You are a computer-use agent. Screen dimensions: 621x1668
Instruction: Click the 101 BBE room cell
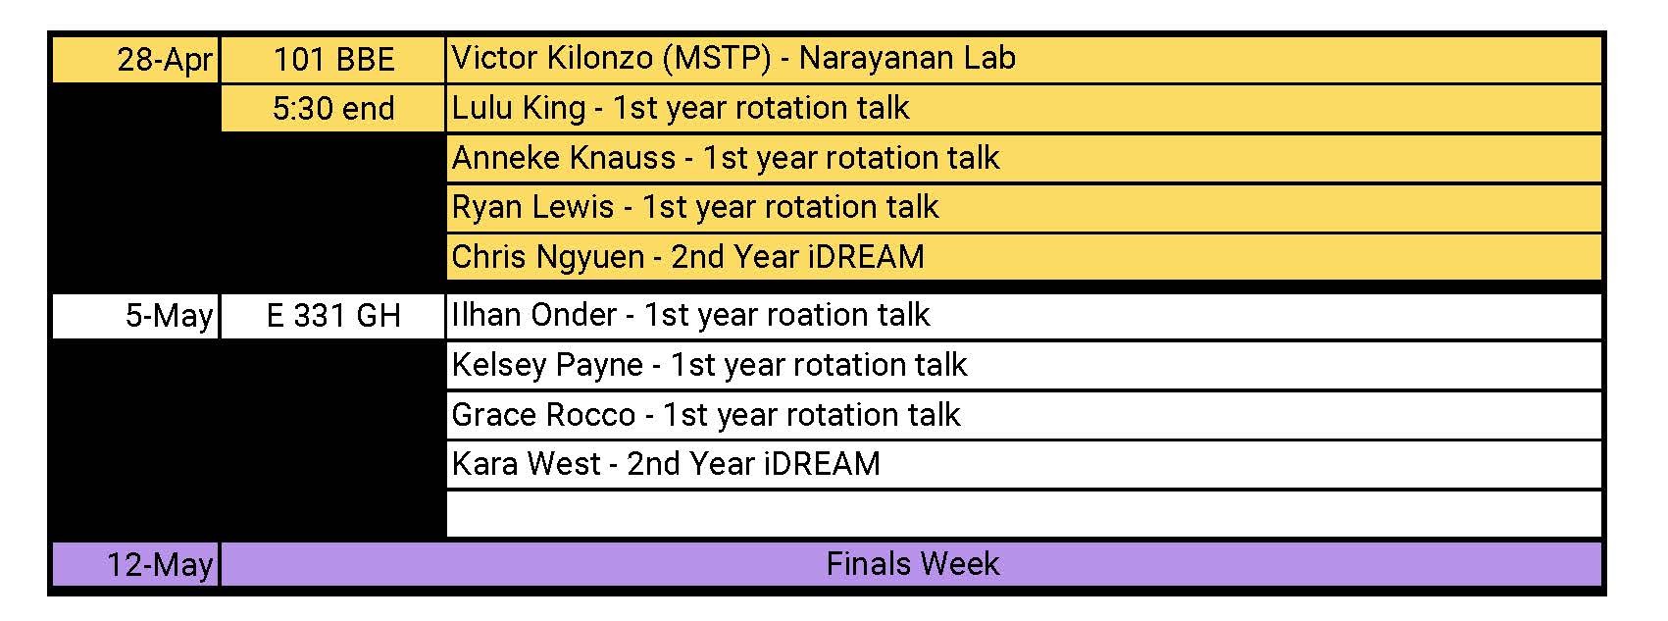333,60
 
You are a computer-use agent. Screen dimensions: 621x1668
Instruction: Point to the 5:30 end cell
333,109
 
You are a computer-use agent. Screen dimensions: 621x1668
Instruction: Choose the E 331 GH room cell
333,316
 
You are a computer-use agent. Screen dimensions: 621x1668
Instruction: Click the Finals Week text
912,564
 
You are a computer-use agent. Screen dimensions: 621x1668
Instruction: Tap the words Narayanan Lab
907,59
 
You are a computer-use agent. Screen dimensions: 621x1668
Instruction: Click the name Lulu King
518,108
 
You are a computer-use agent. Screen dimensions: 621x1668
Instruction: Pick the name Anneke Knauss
564,158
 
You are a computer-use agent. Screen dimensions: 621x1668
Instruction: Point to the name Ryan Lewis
532,207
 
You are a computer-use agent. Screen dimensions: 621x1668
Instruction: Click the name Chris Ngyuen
547,257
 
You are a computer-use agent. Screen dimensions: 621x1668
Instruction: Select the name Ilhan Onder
533,315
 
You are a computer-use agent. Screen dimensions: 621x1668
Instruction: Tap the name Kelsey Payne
547,365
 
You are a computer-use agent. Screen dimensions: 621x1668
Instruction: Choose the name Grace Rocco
543,415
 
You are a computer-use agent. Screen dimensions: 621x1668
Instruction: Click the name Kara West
526,464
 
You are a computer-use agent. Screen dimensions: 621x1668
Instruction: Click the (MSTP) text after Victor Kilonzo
717,59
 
